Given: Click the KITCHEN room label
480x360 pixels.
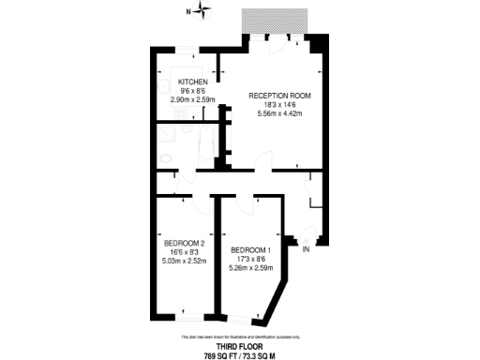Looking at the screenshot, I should pyautogui.click(x=193, y=82).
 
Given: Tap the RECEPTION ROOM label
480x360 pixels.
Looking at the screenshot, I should pyautogui.click(x=279, y=96).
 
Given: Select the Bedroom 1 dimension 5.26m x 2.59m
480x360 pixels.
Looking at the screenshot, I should pyautogui.click(x=249, y=267).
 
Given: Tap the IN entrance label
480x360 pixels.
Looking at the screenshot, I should pyautogui.click(x=306, y=248).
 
